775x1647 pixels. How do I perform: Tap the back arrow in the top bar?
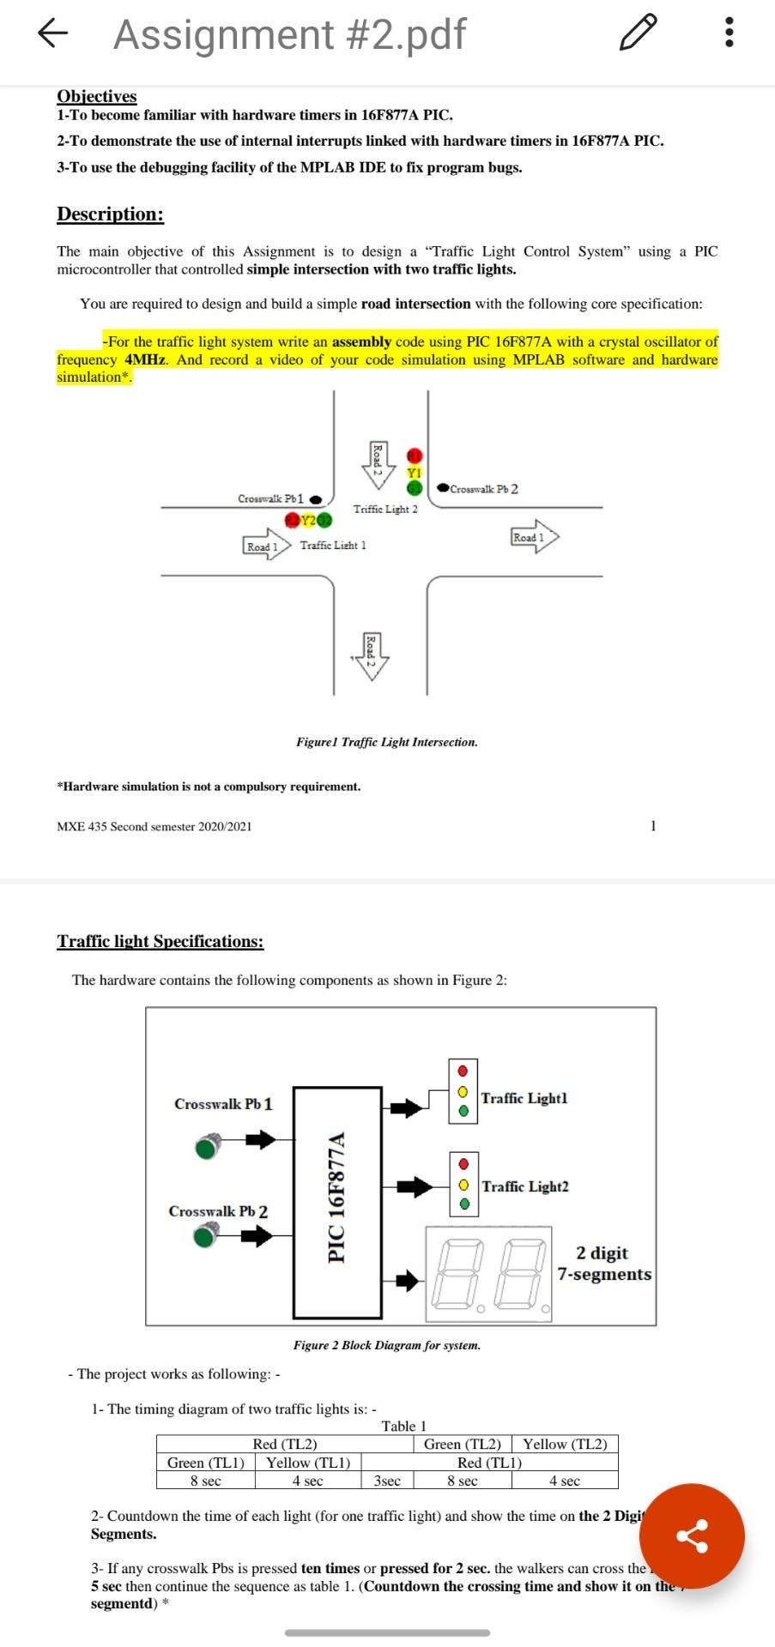tap(52, 33)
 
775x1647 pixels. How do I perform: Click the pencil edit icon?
tap(639, 33)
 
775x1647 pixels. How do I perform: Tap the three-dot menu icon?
tap(729, 33)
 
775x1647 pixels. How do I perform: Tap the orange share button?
tap(692, 1535)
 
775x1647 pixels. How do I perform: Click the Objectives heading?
tap(96, 96)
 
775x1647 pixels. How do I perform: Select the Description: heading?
tap(110, 214)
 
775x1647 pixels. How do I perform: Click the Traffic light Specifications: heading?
tap(160, 941)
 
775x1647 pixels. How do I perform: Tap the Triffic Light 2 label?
tap(385, 509)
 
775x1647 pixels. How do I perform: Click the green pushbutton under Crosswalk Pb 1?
tap(207, 1147)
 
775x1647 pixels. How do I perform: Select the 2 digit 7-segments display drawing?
tap(488, 1274)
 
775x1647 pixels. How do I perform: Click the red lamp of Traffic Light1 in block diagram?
tap(463, 1071)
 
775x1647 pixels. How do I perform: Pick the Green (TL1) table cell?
tap(206, 1463)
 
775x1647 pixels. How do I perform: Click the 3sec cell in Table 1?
tap(387, 1481)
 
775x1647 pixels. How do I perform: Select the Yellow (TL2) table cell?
tap(564, 1445)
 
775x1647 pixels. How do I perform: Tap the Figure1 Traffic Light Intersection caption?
tap(386, 742)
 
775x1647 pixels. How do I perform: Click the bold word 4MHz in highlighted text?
tap(145, 359)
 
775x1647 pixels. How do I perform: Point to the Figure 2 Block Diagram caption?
tap(386, 1345)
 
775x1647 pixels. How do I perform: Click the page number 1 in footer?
tap(653, 826)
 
